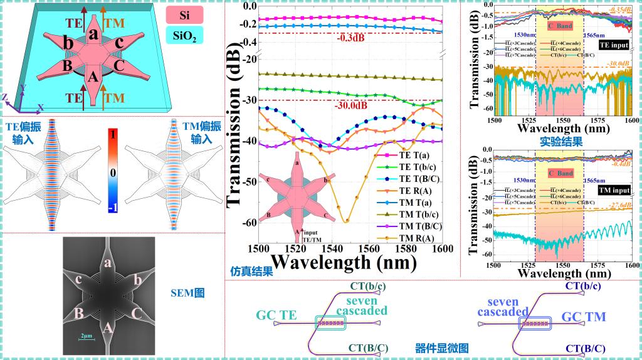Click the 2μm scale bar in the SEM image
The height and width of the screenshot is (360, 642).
86,337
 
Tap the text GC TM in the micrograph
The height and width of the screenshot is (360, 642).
583,317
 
